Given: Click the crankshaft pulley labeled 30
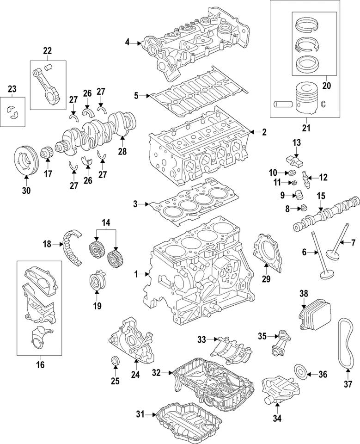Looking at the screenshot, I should tap(26, 160).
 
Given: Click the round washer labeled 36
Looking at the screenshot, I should tap(300, 372).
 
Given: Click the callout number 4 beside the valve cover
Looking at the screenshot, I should tap(128, 43).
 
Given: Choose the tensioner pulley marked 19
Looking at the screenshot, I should tap(98, 282).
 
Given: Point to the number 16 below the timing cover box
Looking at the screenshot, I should tap(41, 364).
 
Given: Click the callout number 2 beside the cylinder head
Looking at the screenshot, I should tap(264, 132).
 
